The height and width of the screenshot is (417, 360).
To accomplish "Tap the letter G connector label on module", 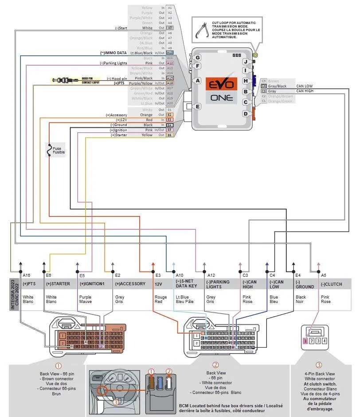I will coord(198,58).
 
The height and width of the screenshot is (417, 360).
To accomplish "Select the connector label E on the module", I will coord(198,106).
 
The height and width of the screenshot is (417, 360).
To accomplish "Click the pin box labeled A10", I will coord(170,52).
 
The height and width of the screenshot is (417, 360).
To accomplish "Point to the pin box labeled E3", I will coord(170,120).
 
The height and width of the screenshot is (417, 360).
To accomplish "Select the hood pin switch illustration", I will coord(62,80).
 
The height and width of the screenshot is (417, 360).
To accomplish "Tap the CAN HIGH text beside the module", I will coord(305,91).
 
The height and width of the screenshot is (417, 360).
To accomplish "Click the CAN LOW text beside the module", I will coord(304,86).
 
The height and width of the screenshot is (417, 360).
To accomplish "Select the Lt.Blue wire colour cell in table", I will coord(185,299).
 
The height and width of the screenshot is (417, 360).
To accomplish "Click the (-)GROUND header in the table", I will coord(305,284).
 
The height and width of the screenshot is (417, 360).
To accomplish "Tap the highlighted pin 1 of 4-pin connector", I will coord(305,341).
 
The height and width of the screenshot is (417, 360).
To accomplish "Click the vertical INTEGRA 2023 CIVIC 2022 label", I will coord(15,295).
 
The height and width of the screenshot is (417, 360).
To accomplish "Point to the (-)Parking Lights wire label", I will coord(113,63).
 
